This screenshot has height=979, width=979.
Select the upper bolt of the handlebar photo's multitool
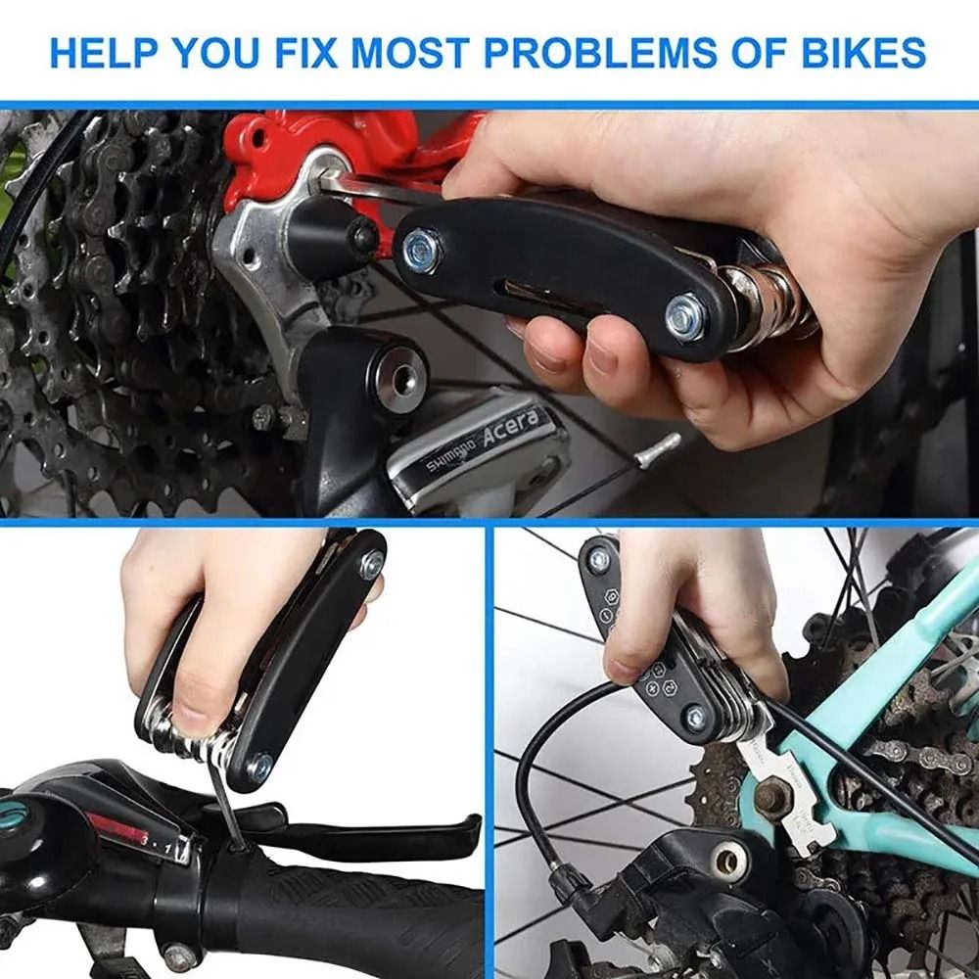click(371, 563)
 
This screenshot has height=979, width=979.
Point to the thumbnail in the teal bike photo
click(621, 670)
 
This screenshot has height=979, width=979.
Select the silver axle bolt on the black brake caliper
click(729, 862)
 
